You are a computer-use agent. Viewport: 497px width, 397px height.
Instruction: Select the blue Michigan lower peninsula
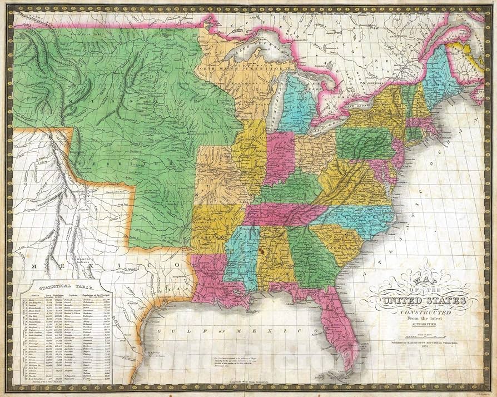pos(297,106)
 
